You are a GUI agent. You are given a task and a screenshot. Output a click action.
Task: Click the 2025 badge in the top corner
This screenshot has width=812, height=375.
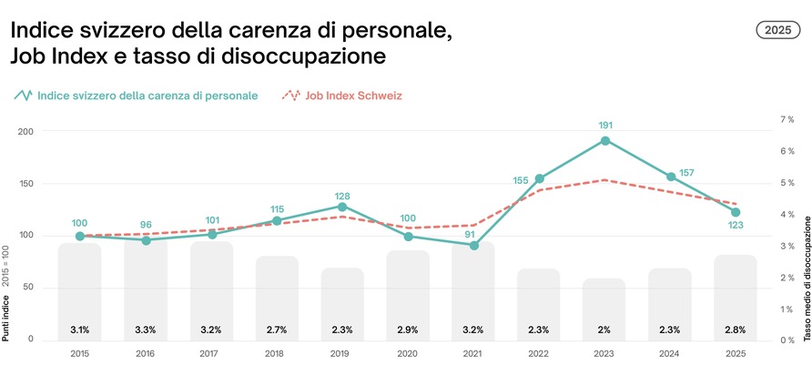[777, 30]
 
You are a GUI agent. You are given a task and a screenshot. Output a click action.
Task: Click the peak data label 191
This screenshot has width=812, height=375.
[604, 125]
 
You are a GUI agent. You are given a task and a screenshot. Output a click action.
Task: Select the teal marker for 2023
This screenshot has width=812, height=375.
[604, 141]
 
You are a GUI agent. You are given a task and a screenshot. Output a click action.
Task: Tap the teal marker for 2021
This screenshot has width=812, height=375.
[473, 245]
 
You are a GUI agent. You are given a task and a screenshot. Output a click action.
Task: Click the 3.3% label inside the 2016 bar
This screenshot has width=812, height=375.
[146, 329]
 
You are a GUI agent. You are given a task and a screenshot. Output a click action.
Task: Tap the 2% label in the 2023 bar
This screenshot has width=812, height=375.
[604, 329]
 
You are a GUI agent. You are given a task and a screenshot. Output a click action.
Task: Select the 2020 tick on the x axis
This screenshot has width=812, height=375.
[408, 352]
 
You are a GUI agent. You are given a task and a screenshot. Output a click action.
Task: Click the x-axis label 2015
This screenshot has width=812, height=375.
[80, 352]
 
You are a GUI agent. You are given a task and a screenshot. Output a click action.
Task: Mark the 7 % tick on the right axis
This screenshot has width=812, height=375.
[787, 119]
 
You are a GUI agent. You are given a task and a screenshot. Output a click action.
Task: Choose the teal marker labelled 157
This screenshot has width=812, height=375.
[670, 177]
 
